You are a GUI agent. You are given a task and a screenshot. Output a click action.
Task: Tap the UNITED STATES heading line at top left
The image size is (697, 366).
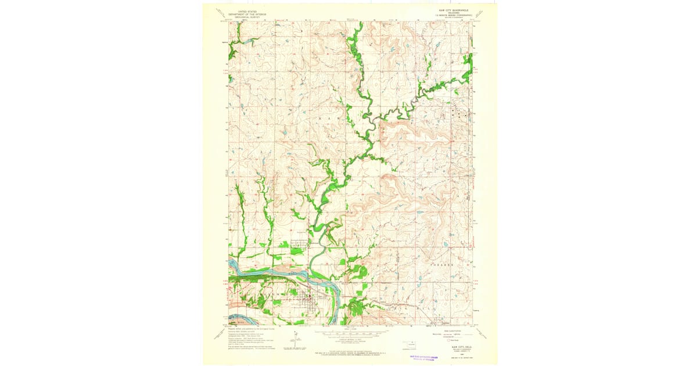coord(245,10)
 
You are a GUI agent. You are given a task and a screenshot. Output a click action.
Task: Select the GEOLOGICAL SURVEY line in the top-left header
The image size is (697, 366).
coord(245,16)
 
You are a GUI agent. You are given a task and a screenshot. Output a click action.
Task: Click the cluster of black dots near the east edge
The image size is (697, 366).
coord(459,114)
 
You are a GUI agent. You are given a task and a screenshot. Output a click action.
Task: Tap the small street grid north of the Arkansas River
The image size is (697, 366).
coord(298,246)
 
